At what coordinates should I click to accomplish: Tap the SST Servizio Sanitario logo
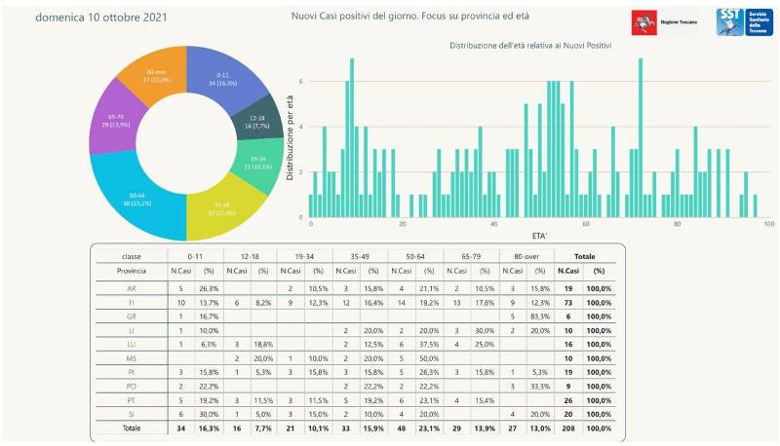[x=743, y=21]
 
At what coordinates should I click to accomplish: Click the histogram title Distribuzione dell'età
[x=529, y=46]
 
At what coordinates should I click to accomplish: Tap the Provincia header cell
[x=132, y=271]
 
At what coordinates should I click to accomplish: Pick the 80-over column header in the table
[x=526, y=255]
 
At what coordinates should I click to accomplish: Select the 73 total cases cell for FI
[x=571, y=305]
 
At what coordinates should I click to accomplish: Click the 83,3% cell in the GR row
[x=541, y=317]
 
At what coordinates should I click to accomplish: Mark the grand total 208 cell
[x=571, y=427]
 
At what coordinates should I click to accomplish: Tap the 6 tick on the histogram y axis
[x=301, y=81]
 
